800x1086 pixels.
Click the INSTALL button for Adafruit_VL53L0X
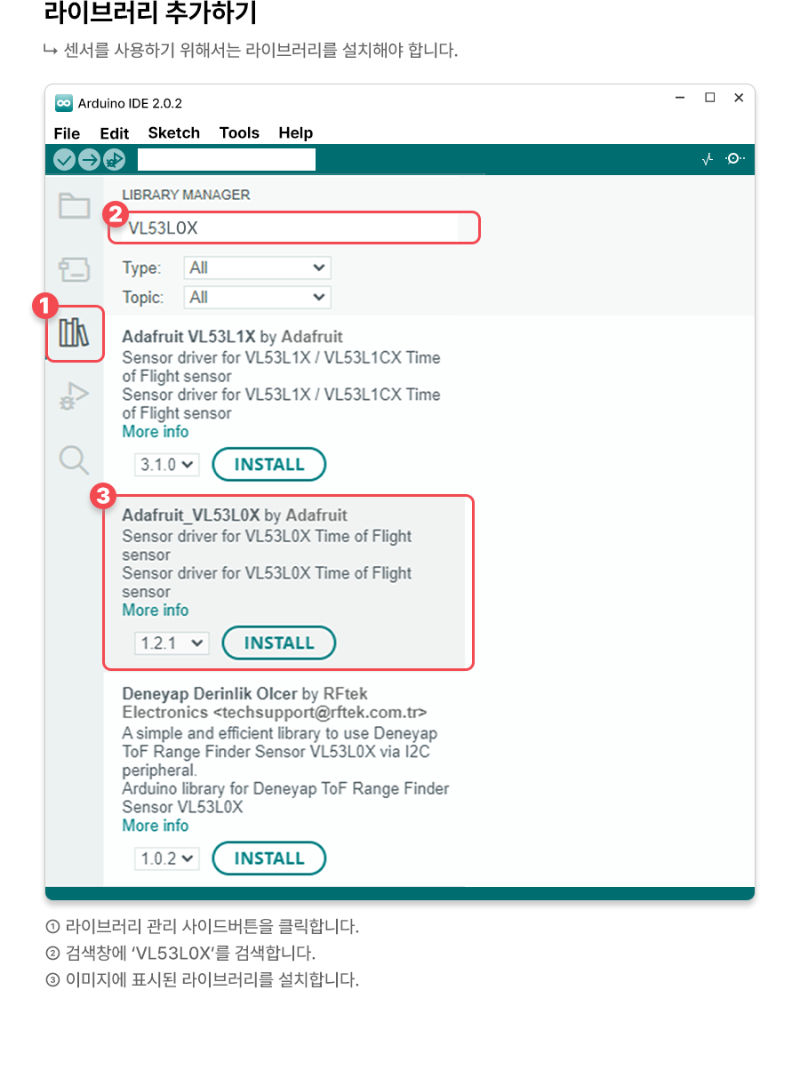pos(279,643)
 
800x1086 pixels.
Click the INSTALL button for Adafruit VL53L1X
pos(269,465)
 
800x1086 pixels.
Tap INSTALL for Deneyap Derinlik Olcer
pos(269,858)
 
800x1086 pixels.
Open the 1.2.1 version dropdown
pos(172,643)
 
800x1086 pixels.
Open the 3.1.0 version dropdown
pos(167,465)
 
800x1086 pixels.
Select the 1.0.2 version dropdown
pos(167,859)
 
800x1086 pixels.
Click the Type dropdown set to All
pos(258,268)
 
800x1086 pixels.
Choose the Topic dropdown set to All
pos(258,297)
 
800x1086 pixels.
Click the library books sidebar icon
pos(74,332)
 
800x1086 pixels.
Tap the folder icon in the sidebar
pos(74,205)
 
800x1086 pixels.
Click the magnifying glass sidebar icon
pos(74,459)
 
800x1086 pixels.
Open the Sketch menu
pos(174,132)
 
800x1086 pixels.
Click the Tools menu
pos(239,132)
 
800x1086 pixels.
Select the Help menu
pos(296,132)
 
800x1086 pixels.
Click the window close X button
pos(739,98)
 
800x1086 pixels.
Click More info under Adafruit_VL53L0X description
pos(156,610)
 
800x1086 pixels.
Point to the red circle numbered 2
pos(116,214)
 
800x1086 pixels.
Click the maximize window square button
pos(710,98)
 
